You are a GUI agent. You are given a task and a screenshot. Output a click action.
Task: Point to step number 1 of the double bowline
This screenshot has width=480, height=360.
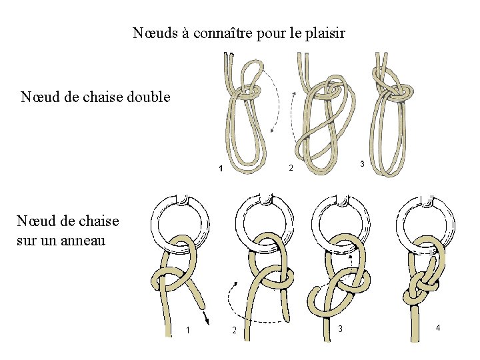(x=221, y=169)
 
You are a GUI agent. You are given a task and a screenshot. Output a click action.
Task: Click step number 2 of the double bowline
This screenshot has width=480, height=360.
(x=291, y=167)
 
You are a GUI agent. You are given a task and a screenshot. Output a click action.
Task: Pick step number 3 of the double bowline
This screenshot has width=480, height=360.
(x=361, y=163)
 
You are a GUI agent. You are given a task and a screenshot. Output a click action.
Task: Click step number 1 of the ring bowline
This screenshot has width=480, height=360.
(x=188, y=330)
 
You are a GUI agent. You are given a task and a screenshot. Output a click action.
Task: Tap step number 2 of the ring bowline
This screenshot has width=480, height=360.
(x=233, y=330)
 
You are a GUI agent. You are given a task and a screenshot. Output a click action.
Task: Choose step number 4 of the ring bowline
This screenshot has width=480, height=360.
(x=437, y=327)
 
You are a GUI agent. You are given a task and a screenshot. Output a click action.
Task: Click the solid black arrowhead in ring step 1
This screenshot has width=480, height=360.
(x=207, y=321)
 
